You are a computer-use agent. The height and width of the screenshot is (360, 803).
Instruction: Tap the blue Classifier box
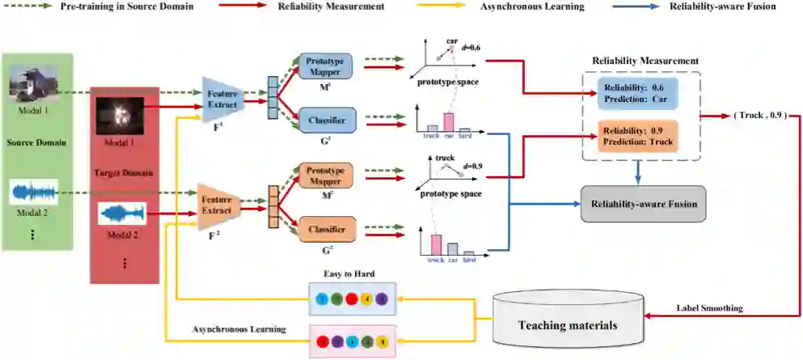[x=326, y=121]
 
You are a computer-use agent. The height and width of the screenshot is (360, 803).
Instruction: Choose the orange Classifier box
[x=326, y=231]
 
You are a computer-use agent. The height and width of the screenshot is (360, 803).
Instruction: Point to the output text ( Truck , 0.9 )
[x=759, y=115]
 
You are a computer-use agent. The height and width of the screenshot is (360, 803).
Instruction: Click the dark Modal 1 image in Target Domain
[x=120, y=116]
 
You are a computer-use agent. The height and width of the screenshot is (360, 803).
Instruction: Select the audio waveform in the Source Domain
[x=34, y=192]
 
